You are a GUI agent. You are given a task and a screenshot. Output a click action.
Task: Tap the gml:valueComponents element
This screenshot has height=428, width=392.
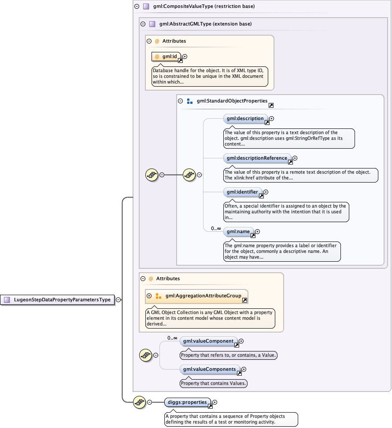tap(210, 369)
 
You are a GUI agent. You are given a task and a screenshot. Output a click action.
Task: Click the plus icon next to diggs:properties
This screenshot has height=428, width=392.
tap(215, 402)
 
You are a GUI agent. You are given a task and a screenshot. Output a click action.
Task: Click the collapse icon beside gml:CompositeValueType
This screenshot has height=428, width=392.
tap(137, 7)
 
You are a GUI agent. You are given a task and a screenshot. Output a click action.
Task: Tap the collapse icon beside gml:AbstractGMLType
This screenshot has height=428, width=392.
tap(143, 24)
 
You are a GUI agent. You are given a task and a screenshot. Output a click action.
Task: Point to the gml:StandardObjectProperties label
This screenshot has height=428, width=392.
tap(232, 101)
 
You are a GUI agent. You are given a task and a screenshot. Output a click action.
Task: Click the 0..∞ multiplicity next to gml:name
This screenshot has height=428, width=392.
tap(215, 228)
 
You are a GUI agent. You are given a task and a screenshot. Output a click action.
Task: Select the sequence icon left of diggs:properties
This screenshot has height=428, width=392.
tap(140, 402)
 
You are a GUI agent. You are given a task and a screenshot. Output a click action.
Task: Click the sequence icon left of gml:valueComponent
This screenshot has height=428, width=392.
tap(146, 355)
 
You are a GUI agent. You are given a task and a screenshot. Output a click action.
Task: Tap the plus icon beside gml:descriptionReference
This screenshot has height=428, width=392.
tap(295, 158)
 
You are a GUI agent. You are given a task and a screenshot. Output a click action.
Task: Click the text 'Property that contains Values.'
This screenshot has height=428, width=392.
tap(214, 383)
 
